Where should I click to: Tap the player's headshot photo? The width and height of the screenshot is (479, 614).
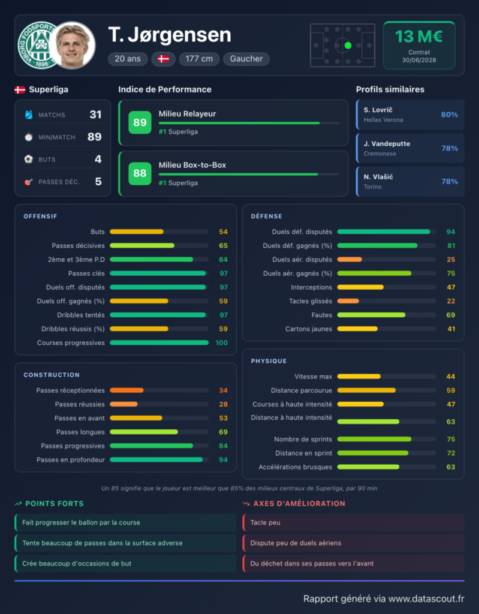[x=73, y=45]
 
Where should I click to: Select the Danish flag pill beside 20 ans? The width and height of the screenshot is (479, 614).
[x=163, y=59]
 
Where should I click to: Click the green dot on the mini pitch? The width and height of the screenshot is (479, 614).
[x=348, y=46]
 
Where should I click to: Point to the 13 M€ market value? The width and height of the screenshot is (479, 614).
[x=418, y=37]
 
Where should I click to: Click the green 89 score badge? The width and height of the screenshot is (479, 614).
[x=140, y=122]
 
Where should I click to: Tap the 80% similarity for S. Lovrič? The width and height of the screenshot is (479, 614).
[x=449, y=115]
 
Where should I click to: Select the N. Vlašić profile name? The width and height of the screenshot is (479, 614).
[x=378, y=177]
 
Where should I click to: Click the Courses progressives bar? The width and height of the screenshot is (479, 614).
[x=159, y=342]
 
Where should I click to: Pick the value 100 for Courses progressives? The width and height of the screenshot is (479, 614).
[x=221, y=342]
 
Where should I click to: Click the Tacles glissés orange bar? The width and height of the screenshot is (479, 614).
[x=348, y=301]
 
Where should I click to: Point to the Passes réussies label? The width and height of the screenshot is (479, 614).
[x=80, y=404]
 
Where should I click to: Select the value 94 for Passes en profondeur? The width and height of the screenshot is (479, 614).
[x=223, y=460]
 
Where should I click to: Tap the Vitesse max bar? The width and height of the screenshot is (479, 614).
[x=359, y=377]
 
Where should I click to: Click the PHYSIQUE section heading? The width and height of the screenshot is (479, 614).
[x=269, y=361]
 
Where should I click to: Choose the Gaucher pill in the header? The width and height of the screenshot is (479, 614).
[x=246, y=59]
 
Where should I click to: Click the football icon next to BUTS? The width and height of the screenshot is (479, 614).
[x=29, y=159]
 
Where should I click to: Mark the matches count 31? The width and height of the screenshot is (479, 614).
[x=95, y=115]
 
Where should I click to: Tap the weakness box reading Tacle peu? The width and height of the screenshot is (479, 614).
[x=353, y=523]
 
